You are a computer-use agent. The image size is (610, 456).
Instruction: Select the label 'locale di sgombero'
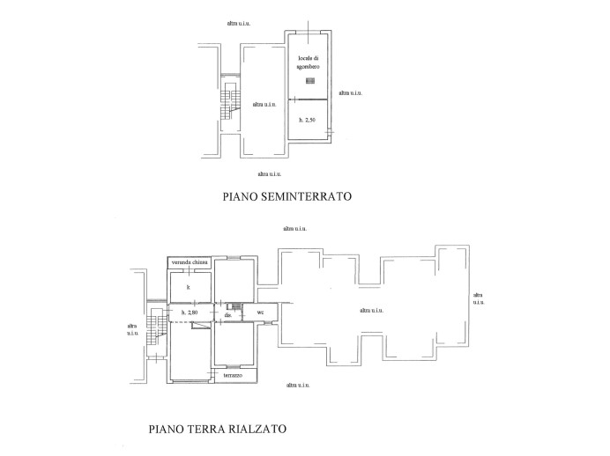coord(309,62)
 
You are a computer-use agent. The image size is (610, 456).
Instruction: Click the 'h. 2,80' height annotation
coord(189,313)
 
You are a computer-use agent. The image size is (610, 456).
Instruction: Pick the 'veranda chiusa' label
coord(190,262)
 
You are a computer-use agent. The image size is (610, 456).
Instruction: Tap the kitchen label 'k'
coord(189,287)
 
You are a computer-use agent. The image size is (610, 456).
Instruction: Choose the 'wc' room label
coord(260,313)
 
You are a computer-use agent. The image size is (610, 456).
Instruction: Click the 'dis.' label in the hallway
coord(228,314)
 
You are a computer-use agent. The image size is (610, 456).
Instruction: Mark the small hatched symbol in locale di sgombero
coord(309,81)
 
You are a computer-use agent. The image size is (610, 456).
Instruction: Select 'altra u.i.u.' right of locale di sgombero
coord(349,92)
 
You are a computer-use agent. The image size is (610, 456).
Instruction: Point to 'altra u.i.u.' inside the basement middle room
coord(264,105)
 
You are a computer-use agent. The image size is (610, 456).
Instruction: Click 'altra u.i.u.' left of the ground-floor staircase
coord(132,328)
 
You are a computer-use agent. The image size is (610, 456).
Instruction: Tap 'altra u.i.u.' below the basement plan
coord(270,173)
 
